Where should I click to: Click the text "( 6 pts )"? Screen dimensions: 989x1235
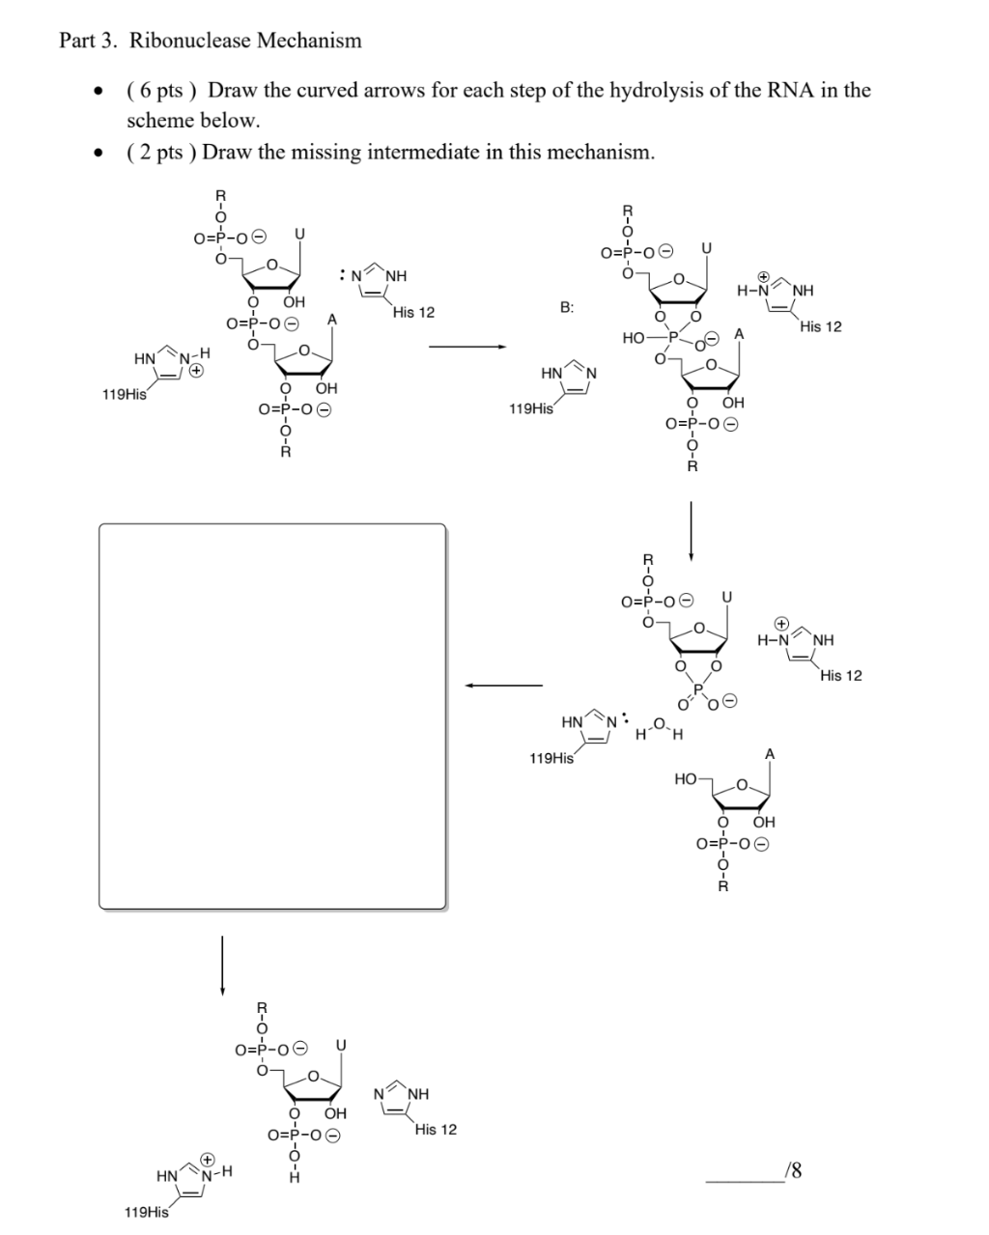tap(161, 91)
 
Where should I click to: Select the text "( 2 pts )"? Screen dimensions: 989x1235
tap(161, 152)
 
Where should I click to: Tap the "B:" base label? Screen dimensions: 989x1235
tap(567, 308)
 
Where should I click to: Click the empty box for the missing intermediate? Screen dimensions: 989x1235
tap(272, 716)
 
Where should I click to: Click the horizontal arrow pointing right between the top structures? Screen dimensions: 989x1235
tap(467, 347)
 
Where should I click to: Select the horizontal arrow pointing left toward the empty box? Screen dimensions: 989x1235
tap(503, 686)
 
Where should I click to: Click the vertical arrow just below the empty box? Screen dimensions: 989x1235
tap(223, 966)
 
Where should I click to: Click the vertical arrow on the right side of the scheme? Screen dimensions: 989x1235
tap(692, 531)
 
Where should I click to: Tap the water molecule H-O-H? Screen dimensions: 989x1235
tap(660, 729)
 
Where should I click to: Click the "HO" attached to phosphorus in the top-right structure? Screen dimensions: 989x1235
tap(634, 338)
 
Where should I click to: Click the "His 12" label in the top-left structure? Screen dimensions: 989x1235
tap(413, 313)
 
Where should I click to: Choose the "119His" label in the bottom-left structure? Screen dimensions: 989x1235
tap(147, 1212)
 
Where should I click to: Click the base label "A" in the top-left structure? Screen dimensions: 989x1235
tap(332, 320)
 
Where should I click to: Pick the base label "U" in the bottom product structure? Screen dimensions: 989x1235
tap(341, 1045)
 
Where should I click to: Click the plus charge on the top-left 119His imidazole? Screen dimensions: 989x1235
tap(196, 371)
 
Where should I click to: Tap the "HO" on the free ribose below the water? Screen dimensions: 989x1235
tap(685, 779)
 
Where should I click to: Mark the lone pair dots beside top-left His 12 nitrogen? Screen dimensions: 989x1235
tap(342, 275)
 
